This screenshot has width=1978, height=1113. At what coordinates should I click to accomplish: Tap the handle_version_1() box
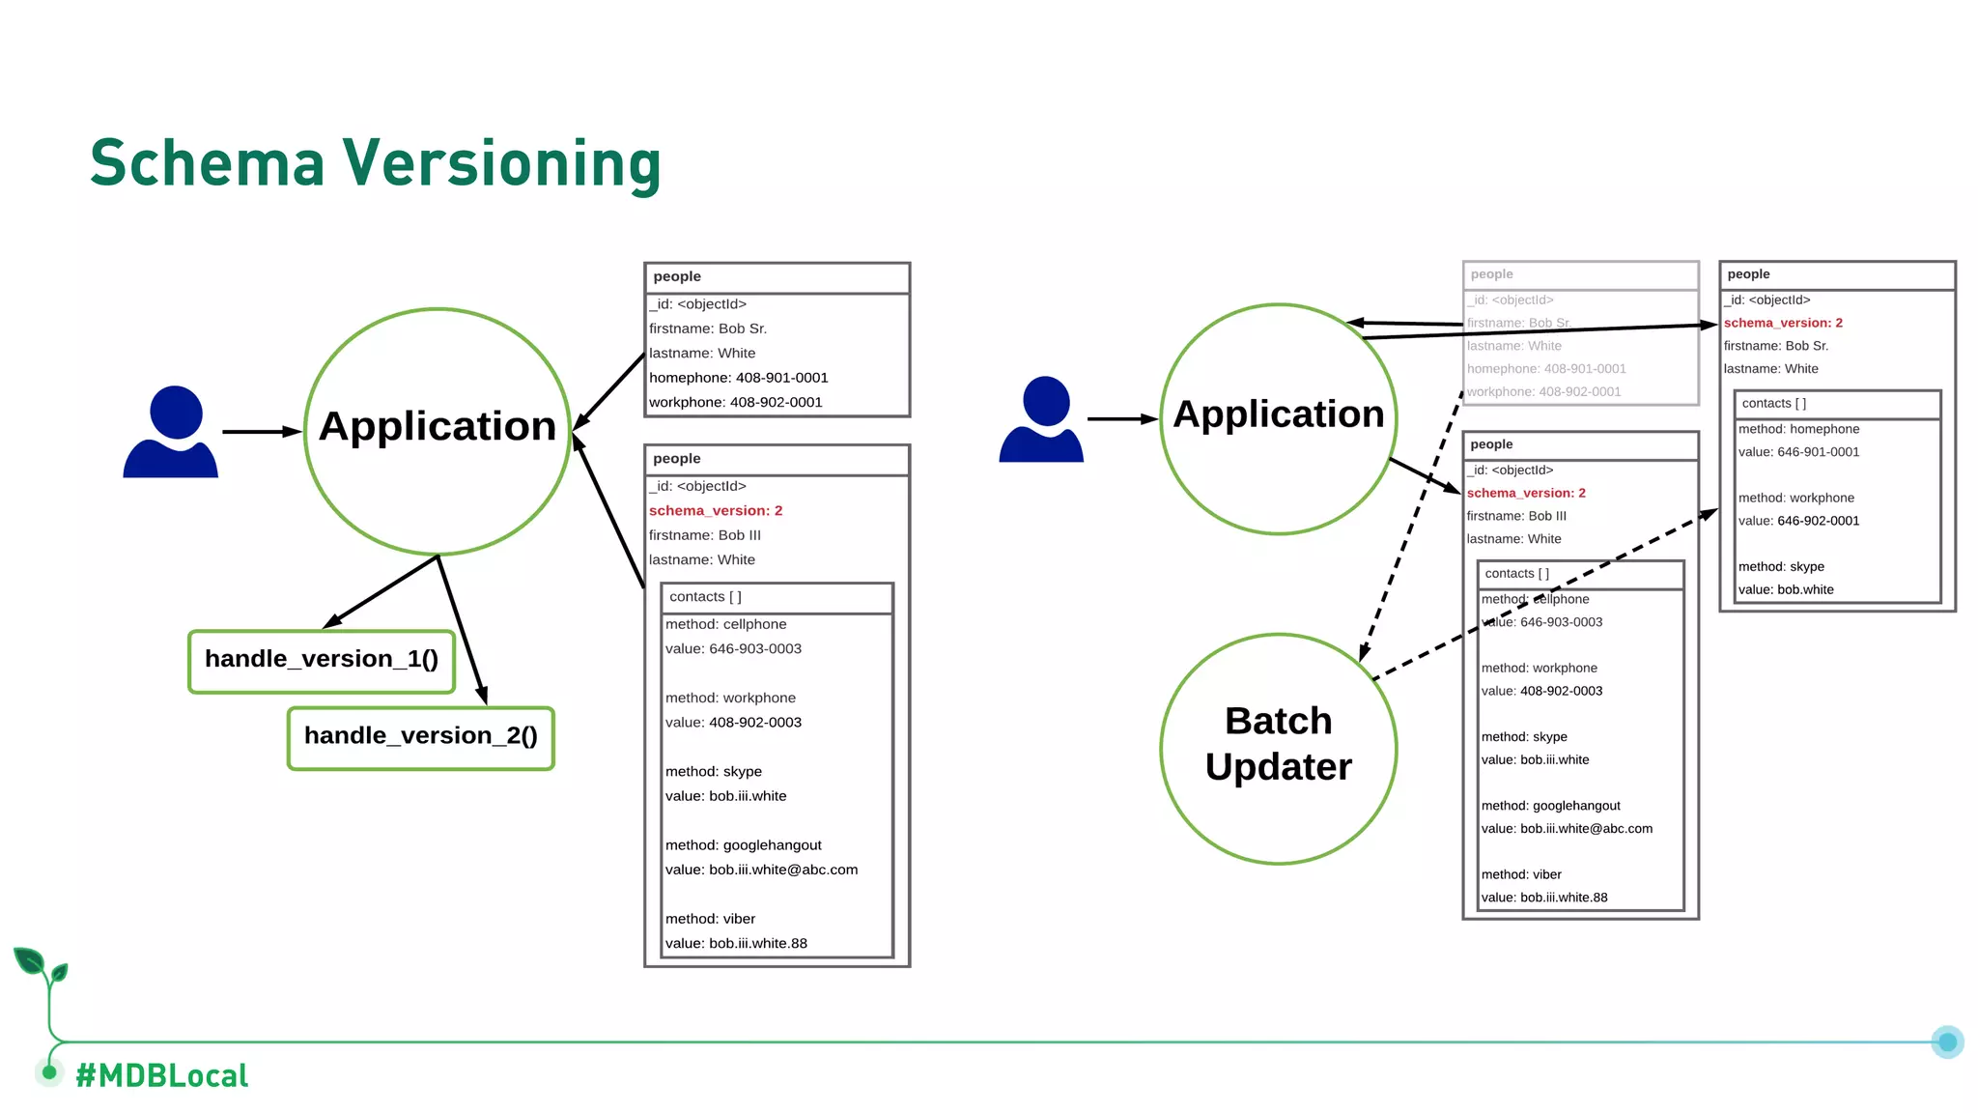point(322,661)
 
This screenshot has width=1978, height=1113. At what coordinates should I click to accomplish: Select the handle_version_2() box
point(420,737)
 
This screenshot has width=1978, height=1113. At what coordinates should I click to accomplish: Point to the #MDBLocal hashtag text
point(161,1075)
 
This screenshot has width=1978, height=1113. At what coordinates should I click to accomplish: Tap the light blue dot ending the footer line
point(1947,1042)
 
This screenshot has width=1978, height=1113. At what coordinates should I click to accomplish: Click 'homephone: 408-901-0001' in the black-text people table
point(738,378)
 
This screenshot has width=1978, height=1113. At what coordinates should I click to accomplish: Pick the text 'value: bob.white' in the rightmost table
point(1785,589)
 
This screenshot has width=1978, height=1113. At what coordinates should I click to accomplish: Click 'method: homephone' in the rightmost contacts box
point(1797,429)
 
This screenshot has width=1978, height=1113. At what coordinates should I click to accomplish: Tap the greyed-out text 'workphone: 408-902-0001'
point(1543,391)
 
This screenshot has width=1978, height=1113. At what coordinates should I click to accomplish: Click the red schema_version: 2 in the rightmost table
point(1782,323)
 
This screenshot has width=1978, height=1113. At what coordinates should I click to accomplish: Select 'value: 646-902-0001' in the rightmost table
point(1797,521)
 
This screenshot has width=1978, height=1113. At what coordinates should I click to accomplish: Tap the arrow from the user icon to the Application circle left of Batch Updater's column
point(1121,419)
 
